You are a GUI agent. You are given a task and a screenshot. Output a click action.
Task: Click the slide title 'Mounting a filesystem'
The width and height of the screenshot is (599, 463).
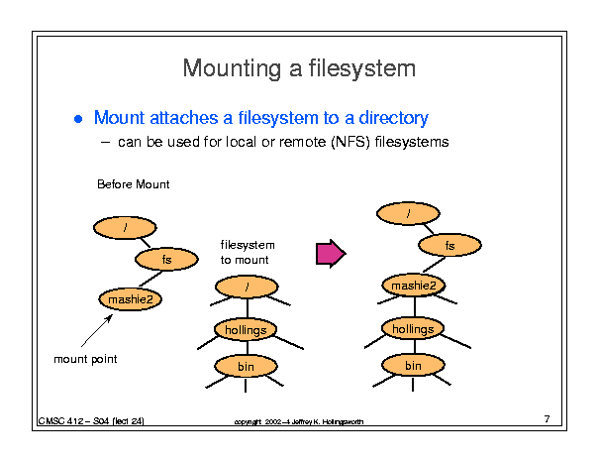point(299,68)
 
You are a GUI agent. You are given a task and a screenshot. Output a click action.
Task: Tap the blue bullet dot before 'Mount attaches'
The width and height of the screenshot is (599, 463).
point(79,119)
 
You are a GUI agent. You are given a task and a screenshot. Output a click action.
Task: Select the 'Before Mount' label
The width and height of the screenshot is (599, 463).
point(134,184)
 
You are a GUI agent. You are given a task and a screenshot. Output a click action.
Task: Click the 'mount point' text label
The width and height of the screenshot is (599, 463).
point(85,359)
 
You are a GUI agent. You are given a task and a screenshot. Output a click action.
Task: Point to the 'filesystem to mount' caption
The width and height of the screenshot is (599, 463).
point(247,252)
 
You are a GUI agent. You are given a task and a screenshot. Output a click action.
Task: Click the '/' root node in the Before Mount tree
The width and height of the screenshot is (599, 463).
point(126,228)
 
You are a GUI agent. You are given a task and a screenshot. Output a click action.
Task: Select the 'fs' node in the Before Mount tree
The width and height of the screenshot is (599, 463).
point(166,259)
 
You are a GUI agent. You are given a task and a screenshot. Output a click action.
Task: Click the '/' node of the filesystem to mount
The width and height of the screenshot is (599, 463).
point(246,288)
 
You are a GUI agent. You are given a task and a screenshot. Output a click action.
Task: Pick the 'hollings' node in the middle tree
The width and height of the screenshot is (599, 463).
point(246,328)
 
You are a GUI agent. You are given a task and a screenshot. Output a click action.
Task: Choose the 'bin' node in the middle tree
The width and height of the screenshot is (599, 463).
point(246,367)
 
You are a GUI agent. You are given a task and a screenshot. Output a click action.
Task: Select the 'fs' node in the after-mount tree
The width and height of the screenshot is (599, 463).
point(449,245)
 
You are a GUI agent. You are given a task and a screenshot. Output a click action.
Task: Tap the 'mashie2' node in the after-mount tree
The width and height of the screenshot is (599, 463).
point(413,287)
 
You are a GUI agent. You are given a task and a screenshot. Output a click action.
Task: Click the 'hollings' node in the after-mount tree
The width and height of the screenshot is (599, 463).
point(413,328)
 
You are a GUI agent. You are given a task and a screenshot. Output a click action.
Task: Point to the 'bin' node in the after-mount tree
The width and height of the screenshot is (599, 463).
point(413,366)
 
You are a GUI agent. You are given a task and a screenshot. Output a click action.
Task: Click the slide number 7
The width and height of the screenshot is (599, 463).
point(547,419)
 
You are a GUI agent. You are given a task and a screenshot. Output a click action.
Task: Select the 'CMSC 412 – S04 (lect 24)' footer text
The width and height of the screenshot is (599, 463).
point(92,421)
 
